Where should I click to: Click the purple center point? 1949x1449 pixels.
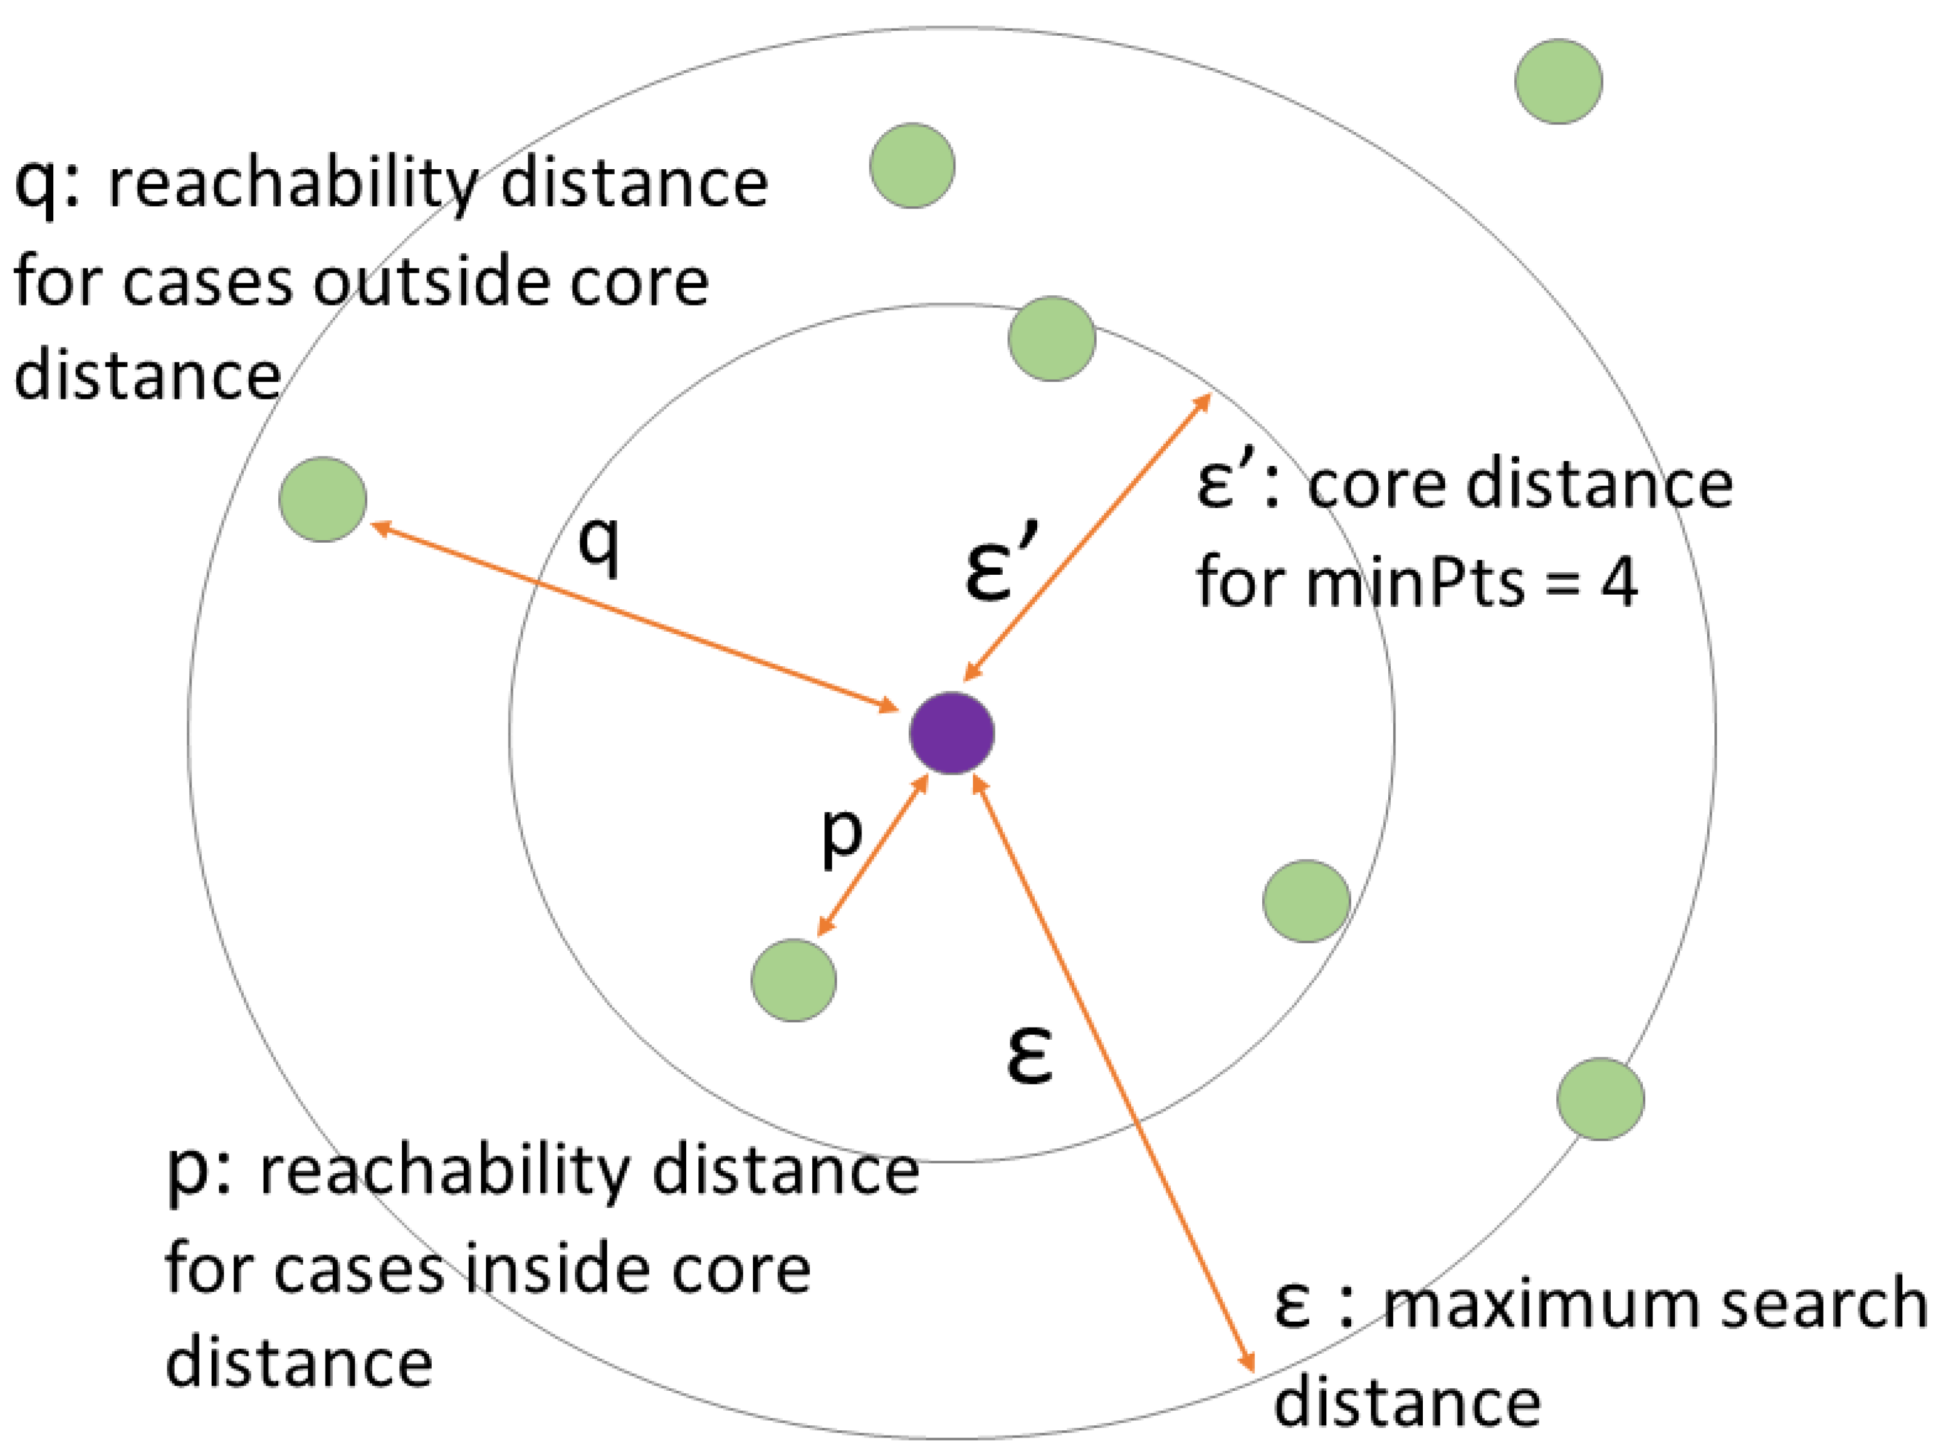[x=952, y=733]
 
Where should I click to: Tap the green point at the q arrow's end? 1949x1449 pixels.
[x=323, y=499]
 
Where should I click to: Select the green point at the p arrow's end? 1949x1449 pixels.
[x=794, y=980]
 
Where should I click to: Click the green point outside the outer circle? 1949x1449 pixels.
[x=1559, y=82]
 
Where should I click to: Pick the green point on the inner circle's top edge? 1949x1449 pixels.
[x=1052, y=338]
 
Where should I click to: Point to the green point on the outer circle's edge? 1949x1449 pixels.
[x=1601, y=1099]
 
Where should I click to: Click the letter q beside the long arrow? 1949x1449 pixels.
[x=599, y=544]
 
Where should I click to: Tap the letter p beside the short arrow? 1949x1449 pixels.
[x=841, y=834]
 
